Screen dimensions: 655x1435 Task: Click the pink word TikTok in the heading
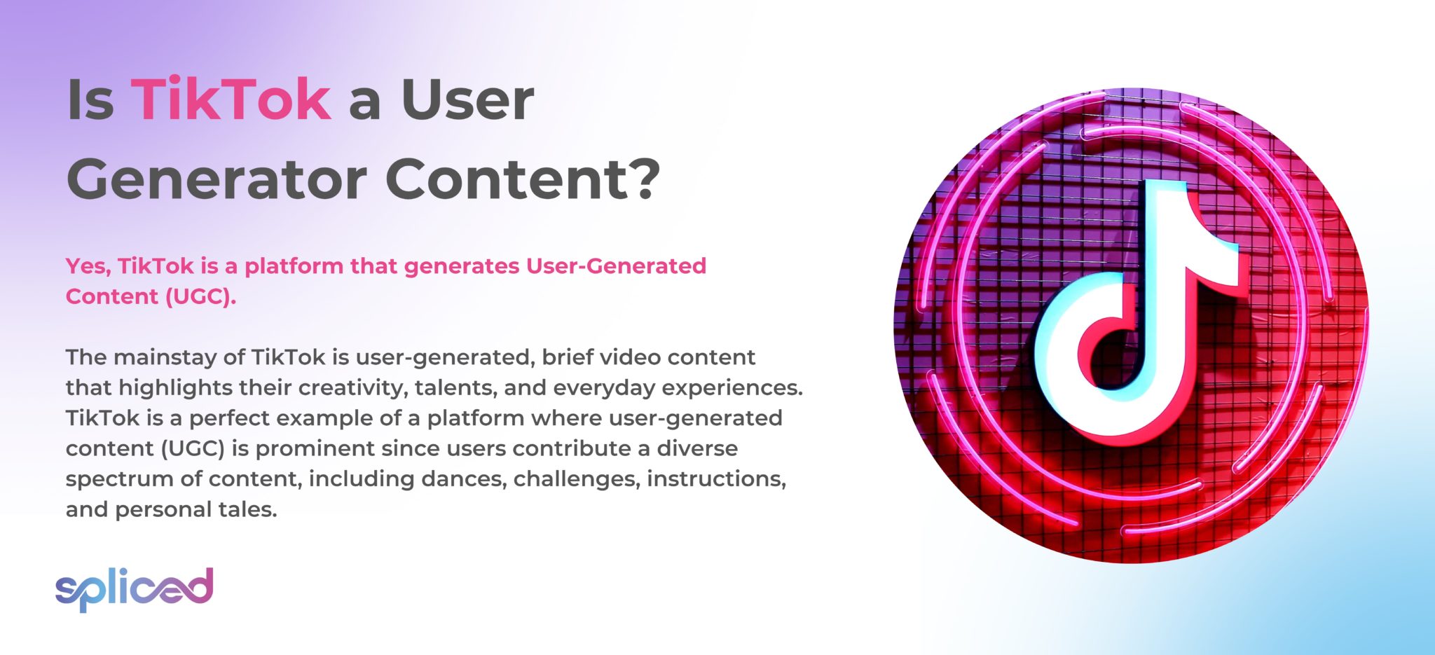(x=231, y=100)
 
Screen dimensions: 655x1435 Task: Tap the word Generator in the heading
(x=217, y=179)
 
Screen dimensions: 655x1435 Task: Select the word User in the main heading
(x=467, y=100)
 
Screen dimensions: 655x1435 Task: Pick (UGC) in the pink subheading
(x=200, y=297)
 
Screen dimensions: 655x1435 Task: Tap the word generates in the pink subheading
(x=462, y=266)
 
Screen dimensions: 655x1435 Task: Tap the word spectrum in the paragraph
(x=111, y=479)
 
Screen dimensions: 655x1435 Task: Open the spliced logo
(x=134, y=588)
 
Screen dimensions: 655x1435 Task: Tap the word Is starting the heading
(x=90, y=100)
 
